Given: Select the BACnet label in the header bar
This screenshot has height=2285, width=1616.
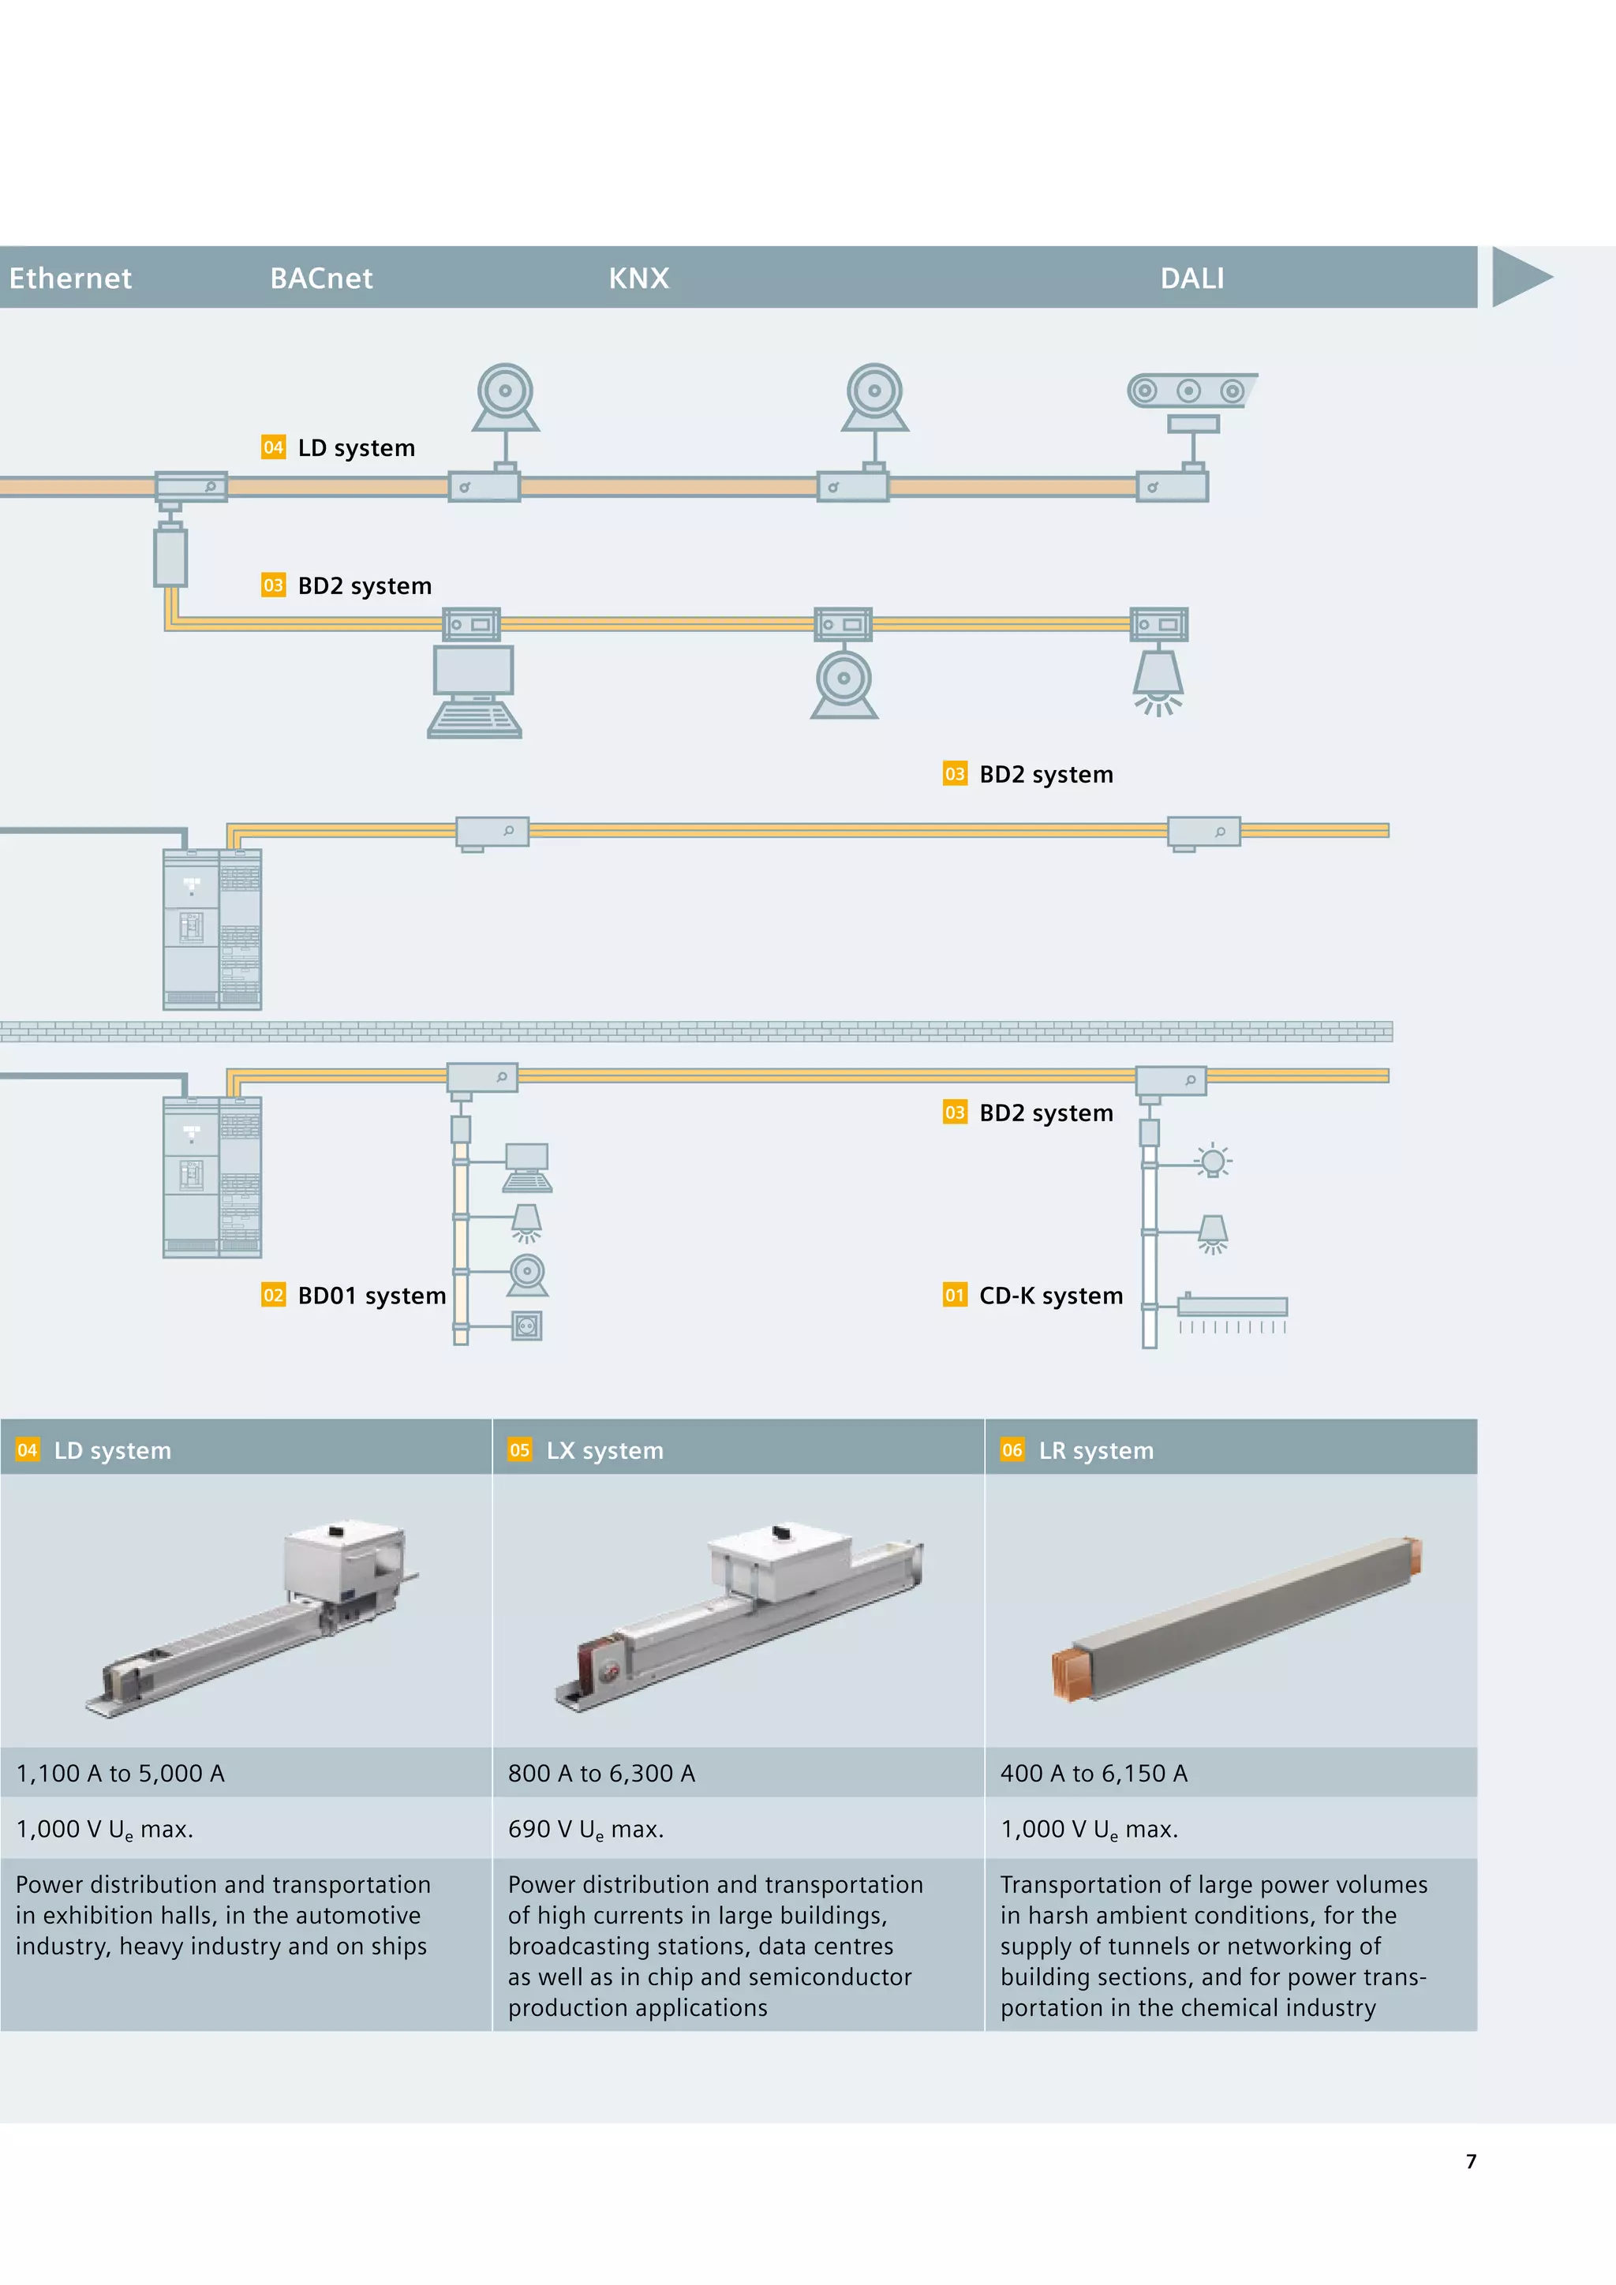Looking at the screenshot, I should (321, 279).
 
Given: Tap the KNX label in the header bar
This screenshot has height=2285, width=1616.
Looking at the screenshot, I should (639, 279).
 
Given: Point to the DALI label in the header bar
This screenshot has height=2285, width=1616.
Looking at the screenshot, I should (1192, 279).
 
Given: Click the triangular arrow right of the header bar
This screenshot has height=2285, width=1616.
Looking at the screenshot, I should (1520, 277).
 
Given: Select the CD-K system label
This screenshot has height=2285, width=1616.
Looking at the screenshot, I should (1051, 1296).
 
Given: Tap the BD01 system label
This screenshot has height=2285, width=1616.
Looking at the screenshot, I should (371, 1296).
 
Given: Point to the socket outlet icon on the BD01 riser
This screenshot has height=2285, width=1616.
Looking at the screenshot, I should (527, 1326).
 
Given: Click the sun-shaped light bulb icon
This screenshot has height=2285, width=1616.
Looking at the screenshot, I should (1212, 1161).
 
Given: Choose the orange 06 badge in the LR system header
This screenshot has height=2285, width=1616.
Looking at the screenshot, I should (1012, 1450).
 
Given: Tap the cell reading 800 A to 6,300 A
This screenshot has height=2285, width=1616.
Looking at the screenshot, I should (601, 1774).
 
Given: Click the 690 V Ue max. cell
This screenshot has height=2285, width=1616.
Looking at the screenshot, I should (585, 1829).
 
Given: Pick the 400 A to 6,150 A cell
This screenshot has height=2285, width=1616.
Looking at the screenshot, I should (1094, 1774).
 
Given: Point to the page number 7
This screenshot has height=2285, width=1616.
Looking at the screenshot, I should (1471, 2160).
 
